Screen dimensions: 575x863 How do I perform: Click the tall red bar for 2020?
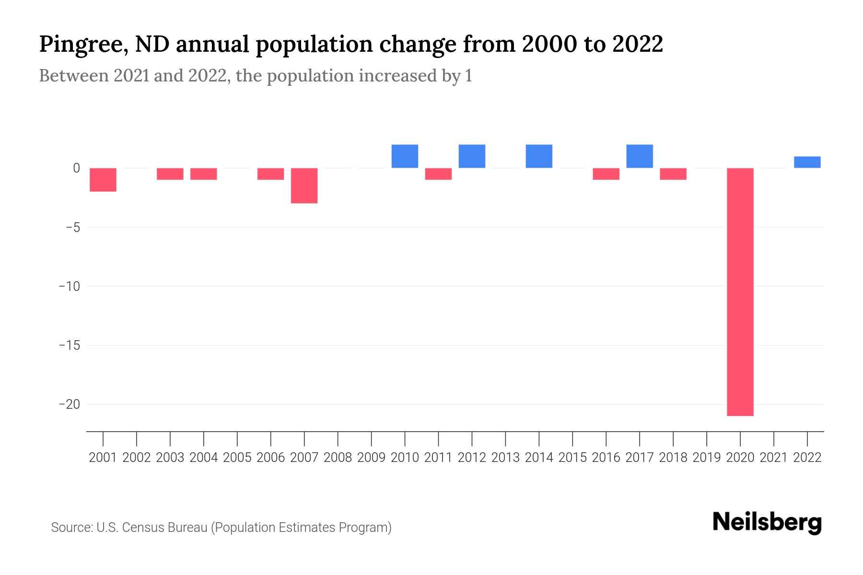point(740,291)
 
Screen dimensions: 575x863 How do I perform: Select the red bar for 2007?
point(304,185)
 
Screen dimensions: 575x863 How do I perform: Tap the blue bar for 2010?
point(405,156)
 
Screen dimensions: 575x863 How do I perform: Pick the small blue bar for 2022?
point(807,162)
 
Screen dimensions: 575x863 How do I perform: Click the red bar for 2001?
point(103,180)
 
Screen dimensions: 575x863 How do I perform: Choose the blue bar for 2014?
point(539,156)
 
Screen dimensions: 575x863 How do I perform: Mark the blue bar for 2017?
point(640,156)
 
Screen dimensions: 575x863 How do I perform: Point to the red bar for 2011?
point(438,174)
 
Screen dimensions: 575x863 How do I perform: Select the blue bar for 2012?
point(472,156)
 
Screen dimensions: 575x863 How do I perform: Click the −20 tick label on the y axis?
point(69,404)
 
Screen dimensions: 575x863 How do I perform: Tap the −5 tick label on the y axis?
point(72,227)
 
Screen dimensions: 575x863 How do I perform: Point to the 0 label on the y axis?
point(76,168)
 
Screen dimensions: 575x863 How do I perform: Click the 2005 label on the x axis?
point(237,458)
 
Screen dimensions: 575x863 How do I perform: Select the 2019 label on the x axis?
point(707,458)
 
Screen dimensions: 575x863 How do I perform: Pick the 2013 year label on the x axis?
point(505,458)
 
